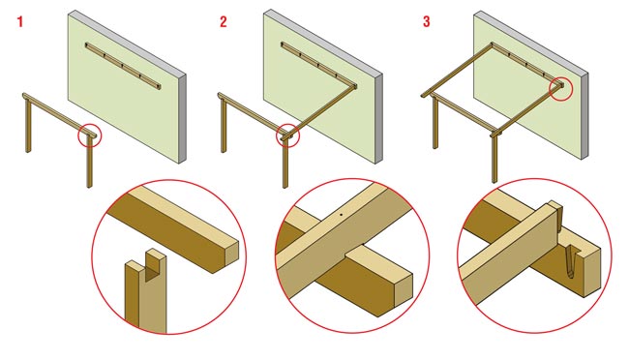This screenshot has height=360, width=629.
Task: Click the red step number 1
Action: point(20,21)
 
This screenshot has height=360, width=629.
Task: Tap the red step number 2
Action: point(223,21)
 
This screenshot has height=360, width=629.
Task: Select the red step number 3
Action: point(426,21)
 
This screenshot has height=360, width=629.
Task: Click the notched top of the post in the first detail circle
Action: point(145,265)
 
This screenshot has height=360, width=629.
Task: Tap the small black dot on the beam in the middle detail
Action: point(341,214)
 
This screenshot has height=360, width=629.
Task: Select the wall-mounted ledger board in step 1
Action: point(123,66)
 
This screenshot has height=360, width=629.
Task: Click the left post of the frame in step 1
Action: point(28,126)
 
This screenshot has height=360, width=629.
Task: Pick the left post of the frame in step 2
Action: point(224,126)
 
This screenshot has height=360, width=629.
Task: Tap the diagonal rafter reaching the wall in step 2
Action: point(321,110)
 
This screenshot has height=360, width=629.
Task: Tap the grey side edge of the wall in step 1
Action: point(182,119)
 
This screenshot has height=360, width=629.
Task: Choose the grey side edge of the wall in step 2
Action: point(378,119)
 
